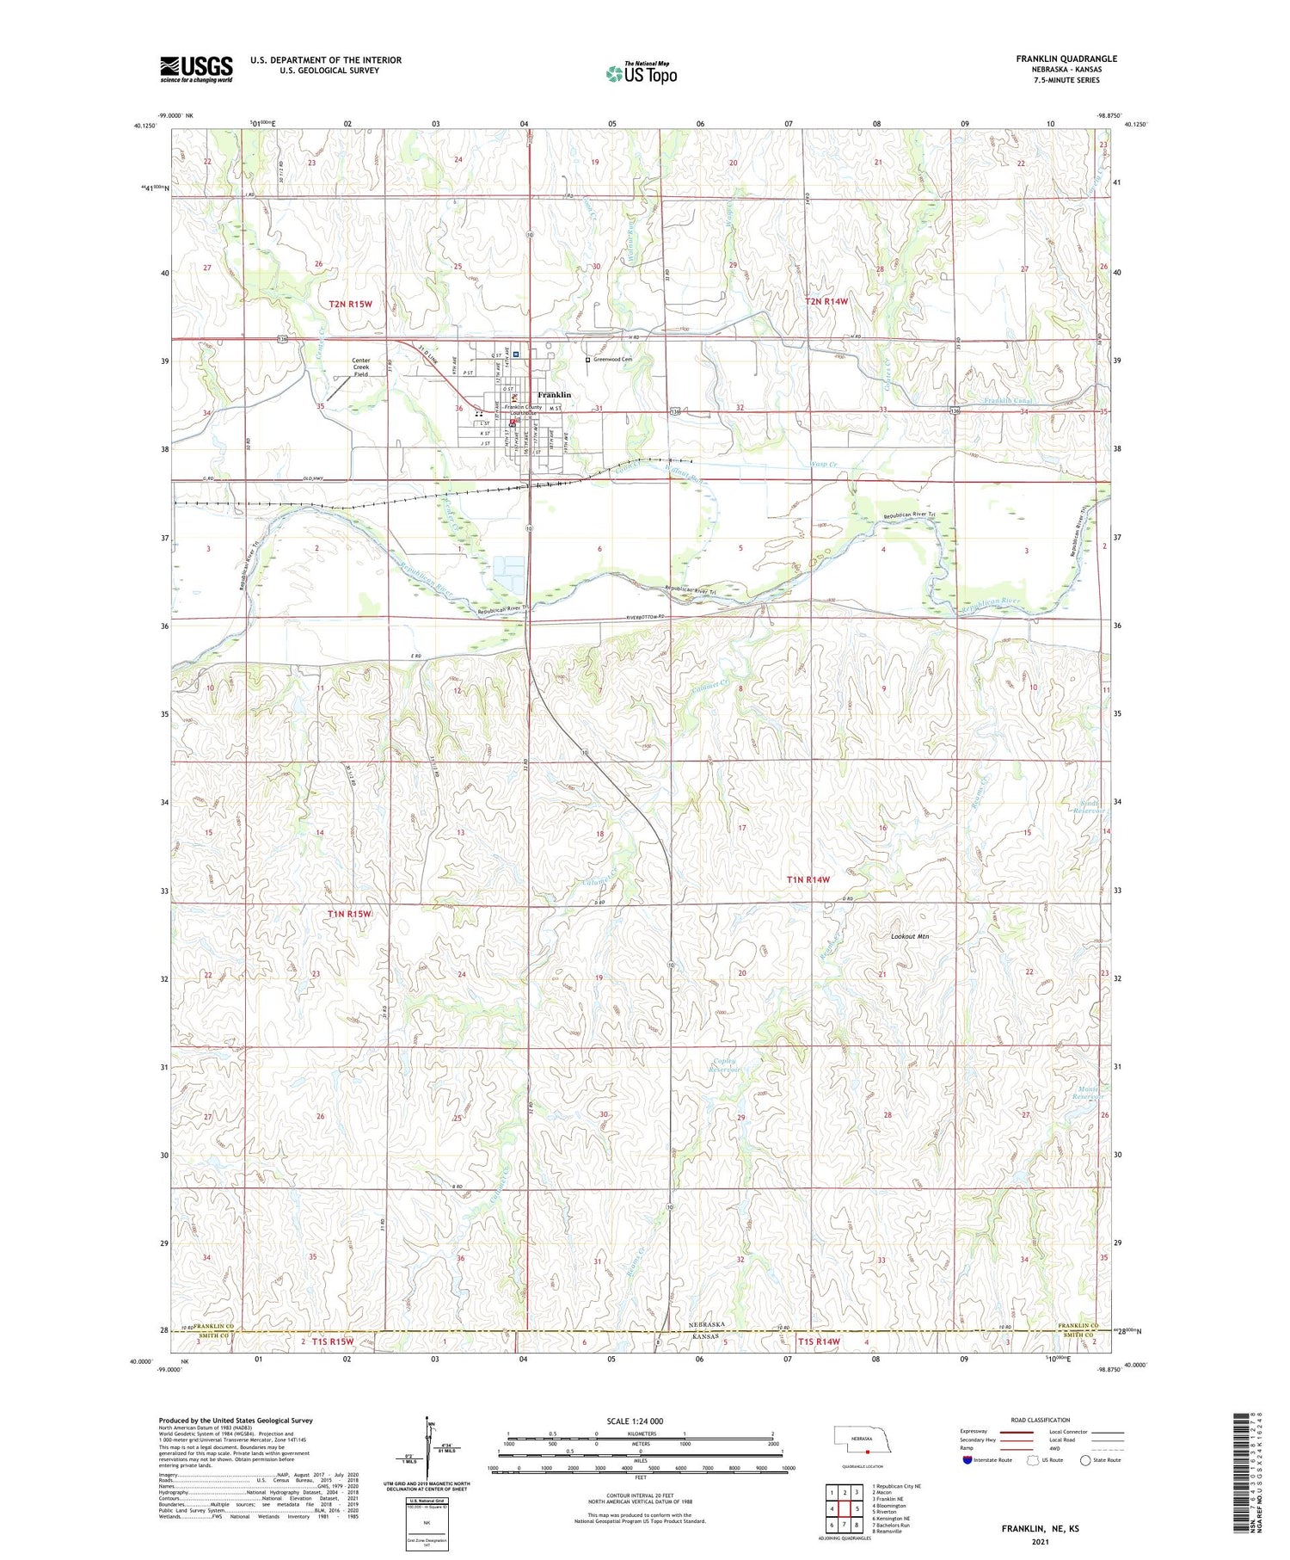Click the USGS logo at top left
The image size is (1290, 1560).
pos(196,69)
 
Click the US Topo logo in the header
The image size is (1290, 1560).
pos(641,74)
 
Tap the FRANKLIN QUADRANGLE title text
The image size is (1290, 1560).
pos(1066,59)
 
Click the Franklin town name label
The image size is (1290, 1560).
pos(555,395)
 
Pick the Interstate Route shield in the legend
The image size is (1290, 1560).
pos(967,1460)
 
